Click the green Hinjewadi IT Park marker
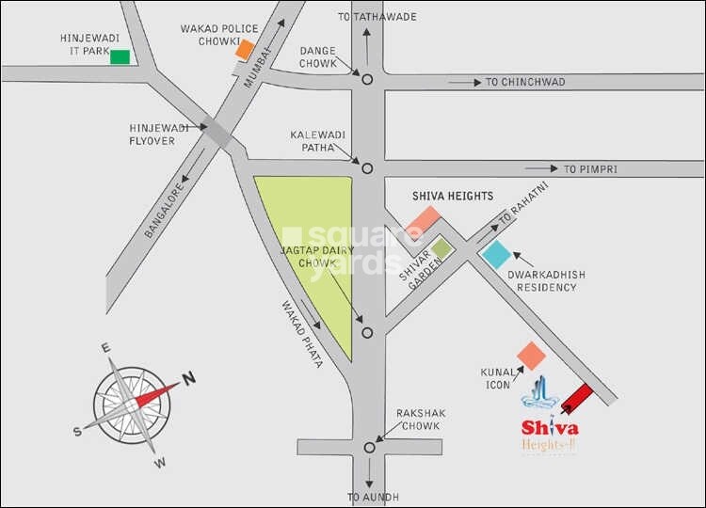120,56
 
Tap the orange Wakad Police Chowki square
245,49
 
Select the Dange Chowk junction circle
367,80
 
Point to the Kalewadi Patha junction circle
367,168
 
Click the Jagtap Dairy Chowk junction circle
367,331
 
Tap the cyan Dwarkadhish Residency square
496,255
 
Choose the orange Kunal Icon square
532,357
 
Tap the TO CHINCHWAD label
525,82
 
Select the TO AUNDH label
374,497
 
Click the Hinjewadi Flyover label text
152,134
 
